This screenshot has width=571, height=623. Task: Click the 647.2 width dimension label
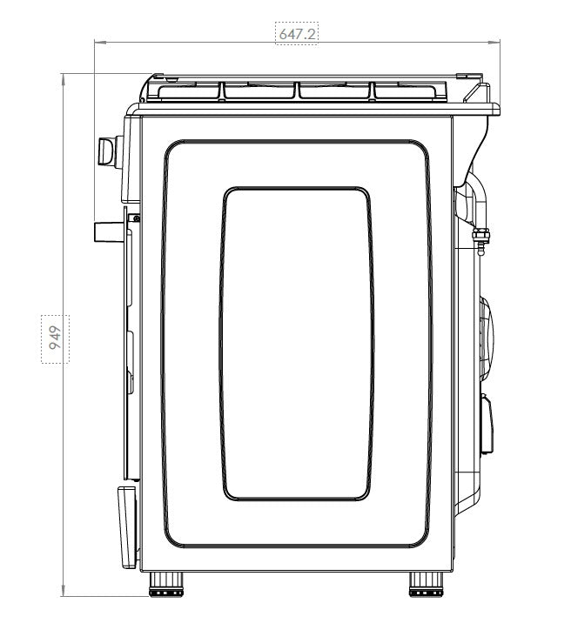pyautogui.click(x=297, y=34)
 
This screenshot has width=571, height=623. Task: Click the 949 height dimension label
pyautogui.click(x=55, y=338)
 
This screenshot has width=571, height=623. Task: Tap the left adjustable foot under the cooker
pyautogui.click(x=166, y=584)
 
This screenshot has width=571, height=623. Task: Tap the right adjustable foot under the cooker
pyautogui.click(x=426, y=584)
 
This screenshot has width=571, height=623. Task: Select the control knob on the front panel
pyautogui.click(x=110, y=151)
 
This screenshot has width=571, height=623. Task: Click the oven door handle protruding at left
pyautogui.click(x=109, y=232)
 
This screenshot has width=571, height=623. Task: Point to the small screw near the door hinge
pyautogui.click(x=137, y=218)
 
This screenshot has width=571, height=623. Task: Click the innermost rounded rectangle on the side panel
pyautogui.click(x=297, y=344)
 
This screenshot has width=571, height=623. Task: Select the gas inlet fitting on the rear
pyautogui.click(x=480, y=240)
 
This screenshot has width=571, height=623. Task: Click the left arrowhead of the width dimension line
pyautogui.click(x=100, y=42)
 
